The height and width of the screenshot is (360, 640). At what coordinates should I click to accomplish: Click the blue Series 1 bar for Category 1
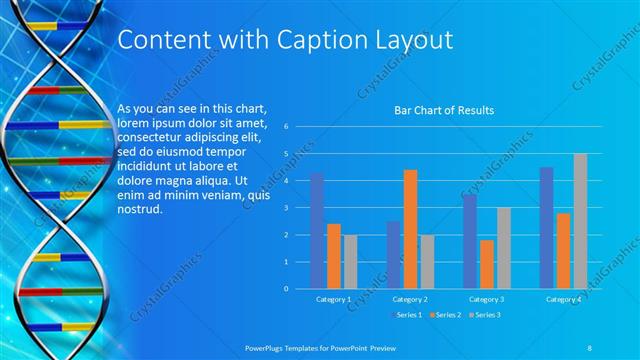(x=317, y=231)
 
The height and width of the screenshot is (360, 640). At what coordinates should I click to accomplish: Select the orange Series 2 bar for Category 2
(x=410, y=229)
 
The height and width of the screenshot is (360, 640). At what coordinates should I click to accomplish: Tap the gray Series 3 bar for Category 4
(x=580, y=221)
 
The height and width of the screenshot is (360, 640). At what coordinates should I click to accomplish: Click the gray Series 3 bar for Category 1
(x=350, y=262)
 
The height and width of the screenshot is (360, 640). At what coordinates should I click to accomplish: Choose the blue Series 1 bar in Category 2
(x=393, y=255)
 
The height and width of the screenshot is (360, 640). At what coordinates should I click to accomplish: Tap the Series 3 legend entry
(x=484, y=315)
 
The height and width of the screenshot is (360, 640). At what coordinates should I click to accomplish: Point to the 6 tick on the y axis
(x=286, y=127)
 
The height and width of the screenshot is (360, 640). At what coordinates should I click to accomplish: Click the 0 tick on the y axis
(x=286, y=289)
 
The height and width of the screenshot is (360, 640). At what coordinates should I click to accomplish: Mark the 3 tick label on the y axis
(x=286, y=208)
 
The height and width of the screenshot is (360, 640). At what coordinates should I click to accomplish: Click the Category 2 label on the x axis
(x=410, y=299)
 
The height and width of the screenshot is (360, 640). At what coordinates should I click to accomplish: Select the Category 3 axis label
(x=487, y=299)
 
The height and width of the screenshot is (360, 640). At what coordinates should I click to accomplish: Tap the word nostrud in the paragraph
(x=139, y=212)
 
